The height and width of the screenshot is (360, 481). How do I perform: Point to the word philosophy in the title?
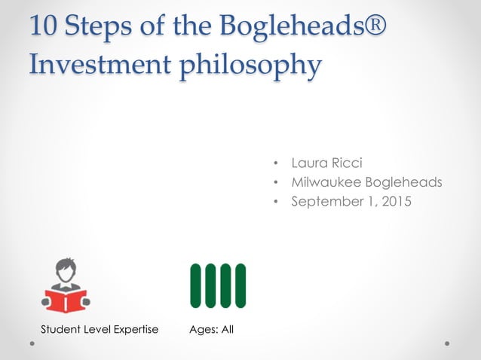click(x=256, y=66)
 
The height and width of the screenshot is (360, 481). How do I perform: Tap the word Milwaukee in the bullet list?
click(x=326, y=182)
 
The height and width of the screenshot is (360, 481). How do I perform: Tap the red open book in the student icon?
click(x=66, y=301)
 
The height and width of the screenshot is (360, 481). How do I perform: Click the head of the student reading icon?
click(x=66, y=270)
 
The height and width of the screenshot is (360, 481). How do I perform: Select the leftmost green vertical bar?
click(x=196, y=285)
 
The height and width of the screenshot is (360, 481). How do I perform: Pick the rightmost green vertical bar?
click(x=240, y=285)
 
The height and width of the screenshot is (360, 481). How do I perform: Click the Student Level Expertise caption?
click(x=100, y=329)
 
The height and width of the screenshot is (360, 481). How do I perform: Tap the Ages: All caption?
click(x=212, y=329)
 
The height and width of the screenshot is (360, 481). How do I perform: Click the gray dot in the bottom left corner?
click(x=33, y=343)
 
